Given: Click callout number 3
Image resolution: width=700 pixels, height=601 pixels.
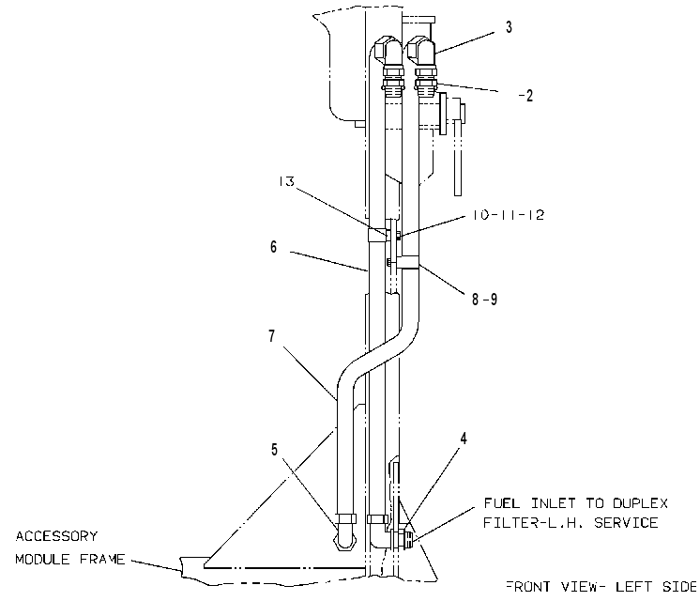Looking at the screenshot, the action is [509, 27].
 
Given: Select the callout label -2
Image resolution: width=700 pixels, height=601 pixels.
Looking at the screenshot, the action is [525, 96].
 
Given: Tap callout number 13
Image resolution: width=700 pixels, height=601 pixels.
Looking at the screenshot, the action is [286, 181].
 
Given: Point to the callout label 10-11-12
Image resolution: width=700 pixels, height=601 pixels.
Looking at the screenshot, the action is [509, 215].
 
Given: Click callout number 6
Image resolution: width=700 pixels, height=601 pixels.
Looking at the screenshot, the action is [273, 247].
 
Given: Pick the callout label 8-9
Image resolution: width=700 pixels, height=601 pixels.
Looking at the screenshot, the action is [485, 299].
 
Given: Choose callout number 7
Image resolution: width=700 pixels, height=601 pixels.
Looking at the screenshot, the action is [272, 336].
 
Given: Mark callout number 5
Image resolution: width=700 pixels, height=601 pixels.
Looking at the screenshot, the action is [274, 450].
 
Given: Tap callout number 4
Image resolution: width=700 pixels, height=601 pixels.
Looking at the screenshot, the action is [464, 439].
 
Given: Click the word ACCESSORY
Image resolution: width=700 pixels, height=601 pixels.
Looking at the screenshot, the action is [56, 536].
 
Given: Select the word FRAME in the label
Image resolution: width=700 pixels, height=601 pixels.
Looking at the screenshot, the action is [102, 560].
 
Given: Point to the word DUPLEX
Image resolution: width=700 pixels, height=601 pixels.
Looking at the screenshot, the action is [640, 503].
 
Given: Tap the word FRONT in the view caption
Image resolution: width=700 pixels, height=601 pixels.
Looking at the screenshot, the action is [528, 586].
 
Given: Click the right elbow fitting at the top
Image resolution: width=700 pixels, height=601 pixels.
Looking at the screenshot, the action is [422, 52].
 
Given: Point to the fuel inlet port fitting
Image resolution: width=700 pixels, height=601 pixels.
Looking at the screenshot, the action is [406, 535].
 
